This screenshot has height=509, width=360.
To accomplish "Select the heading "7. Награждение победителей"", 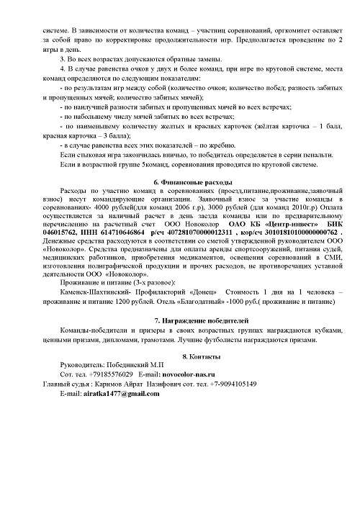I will (180, 319).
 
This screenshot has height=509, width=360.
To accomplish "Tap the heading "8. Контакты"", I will (180, 357).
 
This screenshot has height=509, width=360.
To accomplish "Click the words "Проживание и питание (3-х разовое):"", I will (116, 281).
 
